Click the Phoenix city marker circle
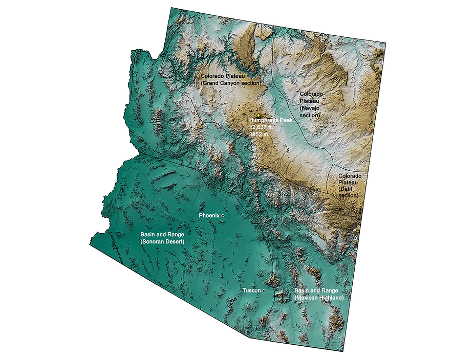tap(223, 216)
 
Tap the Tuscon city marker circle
tap(264, 290)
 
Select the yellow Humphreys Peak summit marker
tap(259, 115)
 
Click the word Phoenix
tap(209, 216)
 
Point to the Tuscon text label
tap(252, 290)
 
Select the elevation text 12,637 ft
tap(261, 127)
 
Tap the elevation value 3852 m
tap(258, 134)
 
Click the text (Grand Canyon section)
tap(231, 82)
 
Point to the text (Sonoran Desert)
tap(162, 241)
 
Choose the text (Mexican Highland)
tap(319, 297)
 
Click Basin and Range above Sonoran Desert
tap(162, 234)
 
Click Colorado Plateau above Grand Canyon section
tap(222, 76)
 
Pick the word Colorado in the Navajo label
tap(312, 94)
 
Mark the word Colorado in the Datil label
tap(350, 175)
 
